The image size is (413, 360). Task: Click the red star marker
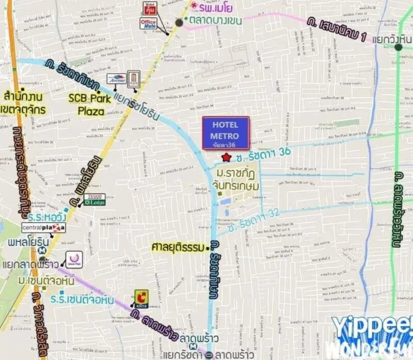pyautogui.click(x=227, y=157)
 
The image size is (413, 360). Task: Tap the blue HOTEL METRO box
pyautogui.click(x=226, y=133)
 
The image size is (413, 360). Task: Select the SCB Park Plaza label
pyautogui.click(x=90, y=105)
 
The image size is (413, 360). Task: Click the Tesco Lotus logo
pyautogui.click(x=94, y=200)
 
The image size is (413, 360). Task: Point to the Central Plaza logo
pyautogui.click(x=43, y=228)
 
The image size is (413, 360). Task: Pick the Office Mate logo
pyautogui.click(x=148, y=23)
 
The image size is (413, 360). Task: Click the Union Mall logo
pyautogui.click(x=74, y=259)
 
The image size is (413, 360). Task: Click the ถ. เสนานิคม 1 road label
pyautogui.click(x=336, y=29)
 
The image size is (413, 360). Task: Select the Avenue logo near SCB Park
pyautogui.click(x=116, y=79)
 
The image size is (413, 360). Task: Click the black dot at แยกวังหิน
pyautogui.click(x=398, y=47)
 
